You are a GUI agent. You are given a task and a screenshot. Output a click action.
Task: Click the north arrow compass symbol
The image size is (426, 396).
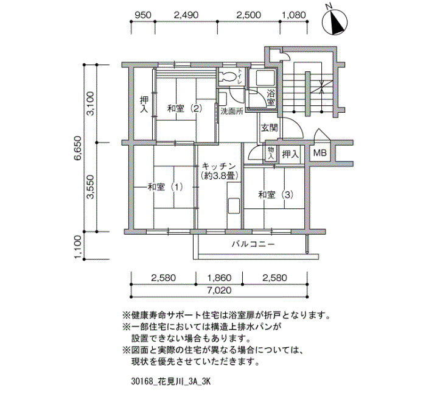[x=335, y=21]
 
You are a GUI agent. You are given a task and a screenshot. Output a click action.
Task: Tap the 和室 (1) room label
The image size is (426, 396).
[x=165, y=187]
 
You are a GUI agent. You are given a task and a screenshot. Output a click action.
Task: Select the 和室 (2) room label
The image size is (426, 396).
[x=184, y=109]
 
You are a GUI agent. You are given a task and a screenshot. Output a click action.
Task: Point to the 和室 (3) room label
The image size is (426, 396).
[x=276, y=195]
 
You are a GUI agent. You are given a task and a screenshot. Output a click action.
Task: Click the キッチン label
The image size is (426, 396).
[x=218, y=166]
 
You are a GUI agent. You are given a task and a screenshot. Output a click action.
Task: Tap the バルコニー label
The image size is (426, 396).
[x=253, y=244]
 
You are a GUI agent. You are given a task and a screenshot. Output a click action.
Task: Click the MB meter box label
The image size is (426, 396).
[x=319, y=153]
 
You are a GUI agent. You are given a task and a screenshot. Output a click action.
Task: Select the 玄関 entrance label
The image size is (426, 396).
[x=270, y=128]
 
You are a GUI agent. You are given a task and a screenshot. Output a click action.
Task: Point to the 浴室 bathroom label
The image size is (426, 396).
[x=271, y=98]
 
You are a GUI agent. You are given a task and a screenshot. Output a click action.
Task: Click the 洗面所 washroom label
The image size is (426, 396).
[x=232, y=111]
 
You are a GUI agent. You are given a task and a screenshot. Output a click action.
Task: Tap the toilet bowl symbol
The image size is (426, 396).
[x=227, y=76]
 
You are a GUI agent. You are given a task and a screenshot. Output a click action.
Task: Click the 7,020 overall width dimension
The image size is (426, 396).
[x=219, y=291]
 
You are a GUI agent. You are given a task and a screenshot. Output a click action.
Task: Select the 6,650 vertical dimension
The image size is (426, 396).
[x=78, y=148]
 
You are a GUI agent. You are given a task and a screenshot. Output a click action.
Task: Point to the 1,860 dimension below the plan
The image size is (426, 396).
[x=219, y=278]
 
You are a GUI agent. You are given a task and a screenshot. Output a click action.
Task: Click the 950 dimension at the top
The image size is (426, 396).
[x=143, y=15]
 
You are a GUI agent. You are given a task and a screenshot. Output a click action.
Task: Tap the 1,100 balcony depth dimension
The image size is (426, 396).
[x=78, y=247]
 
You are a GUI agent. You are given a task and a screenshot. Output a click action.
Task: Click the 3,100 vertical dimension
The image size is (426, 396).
[x=90, y=104]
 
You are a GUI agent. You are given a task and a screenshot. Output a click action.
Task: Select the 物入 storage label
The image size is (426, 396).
[x=271, y=154]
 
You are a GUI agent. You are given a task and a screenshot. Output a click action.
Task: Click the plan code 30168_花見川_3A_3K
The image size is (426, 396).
[x=171, y=381]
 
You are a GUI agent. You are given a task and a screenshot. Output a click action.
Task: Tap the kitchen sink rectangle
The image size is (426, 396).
[x=234, y=206]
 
